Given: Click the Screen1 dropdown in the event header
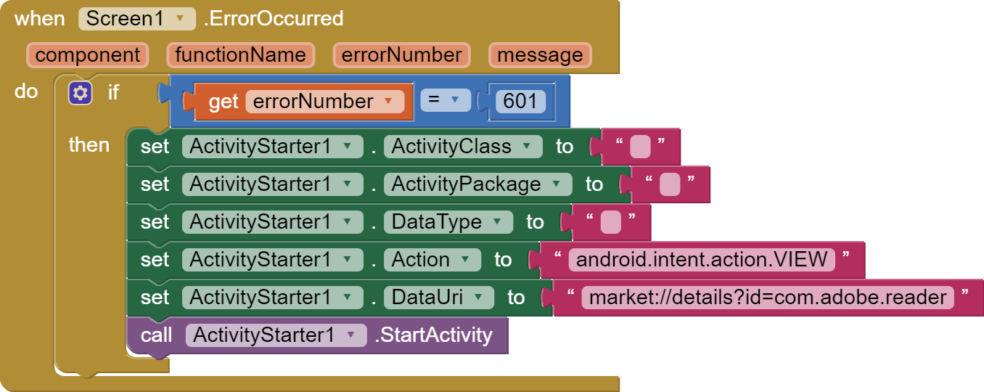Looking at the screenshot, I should [136, 18].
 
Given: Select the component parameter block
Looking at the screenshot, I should [87, 55].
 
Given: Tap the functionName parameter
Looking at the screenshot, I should [240, 55].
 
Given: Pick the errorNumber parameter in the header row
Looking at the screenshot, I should [401, 55].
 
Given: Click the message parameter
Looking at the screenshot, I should [540, 55].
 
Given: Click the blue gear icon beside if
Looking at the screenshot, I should [80, 93].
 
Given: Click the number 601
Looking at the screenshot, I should [520, 102].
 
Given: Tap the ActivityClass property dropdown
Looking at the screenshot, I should [462, 147].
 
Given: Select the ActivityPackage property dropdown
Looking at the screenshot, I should [477, 184].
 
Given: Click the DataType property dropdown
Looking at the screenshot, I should [447, 222].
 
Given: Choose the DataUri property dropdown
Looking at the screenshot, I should [438, 298].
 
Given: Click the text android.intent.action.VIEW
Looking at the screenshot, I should [701, 260].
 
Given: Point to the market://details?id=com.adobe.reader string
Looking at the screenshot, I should [767, 298].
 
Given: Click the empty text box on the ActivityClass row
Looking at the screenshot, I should [640, 147].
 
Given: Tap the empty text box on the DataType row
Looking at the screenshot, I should [610, 222].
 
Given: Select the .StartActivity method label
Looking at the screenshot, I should [433, 335].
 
